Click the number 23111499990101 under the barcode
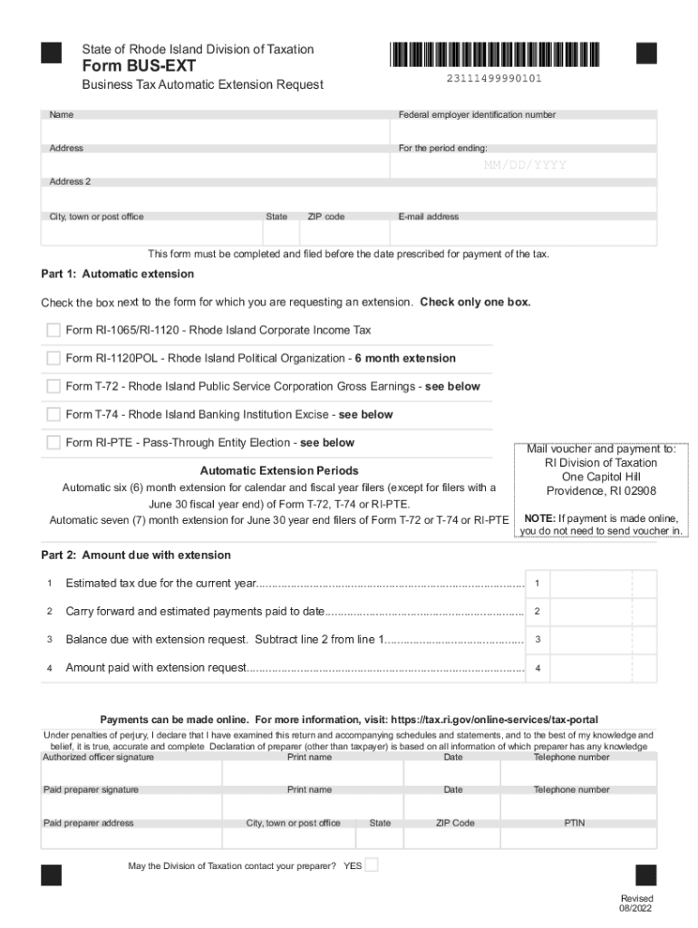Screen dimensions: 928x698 tap(494, 79)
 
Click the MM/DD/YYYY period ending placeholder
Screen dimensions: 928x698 tap(524, 165)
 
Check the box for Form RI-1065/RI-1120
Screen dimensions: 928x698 tap(53, 330)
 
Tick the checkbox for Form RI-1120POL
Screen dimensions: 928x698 tap(53, 358)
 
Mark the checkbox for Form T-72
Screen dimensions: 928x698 tap(53, 386)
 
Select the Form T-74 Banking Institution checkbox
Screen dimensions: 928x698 tap(53, 414)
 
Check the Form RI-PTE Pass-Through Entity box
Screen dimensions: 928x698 tap(53, 442)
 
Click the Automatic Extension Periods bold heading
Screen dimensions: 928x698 tap(279, 470)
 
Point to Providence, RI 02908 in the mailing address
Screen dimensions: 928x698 tap(601, 491)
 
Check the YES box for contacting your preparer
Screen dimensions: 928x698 tap(371, 865)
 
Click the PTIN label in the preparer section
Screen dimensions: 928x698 tap(575, 823)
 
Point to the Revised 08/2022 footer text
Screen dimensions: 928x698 tap(636, 903)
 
